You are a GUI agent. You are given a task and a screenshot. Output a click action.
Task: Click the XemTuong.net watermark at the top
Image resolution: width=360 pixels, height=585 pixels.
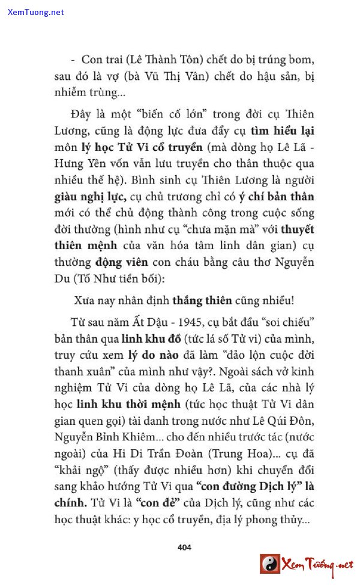point(35,12)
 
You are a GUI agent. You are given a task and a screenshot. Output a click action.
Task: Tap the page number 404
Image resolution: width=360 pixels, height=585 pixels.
point(185,547)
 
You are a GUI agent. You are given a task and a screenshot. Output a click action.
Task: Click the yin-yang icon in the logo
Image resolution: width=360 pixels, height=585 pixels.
point(270,564)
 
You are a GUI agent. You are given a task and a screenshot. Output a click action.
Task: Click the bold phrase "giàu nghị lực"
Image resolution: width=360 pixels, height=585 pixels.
point(89,196)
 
